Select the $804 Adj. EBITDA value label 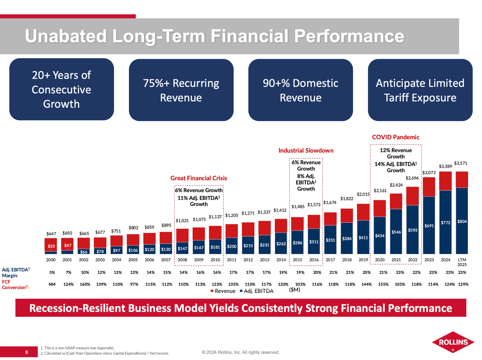[x=462, y=221]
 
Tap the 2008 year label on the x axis [x=182, y=260]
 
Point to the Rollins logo [x=453, y=342]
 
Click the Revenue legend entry [x=223, y=291]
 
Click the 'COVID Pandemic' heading [x=395, y=137]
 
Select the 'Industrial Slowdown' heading [x=306, y=150]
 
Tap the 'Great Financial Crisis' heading [x=199, y=178]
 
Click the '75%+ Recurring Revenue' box [x=181, y=90]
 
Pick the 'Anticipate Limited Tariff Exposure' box [x=420, y=90]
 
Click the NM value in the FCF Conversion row [x=52, y=284]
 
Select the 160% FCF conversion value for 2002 [x=85, y=284]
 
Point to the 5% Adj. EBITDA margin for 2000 [x=52, y=272]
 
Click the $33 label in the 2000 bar [x=51, y=246]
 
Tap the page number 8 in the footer [x=26, y=352]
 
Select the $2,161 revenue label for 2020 [x=380, y=190]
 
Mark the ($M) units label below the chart [x=294, y=290]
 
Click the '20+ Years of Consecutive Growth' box [x=62, y=89]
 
